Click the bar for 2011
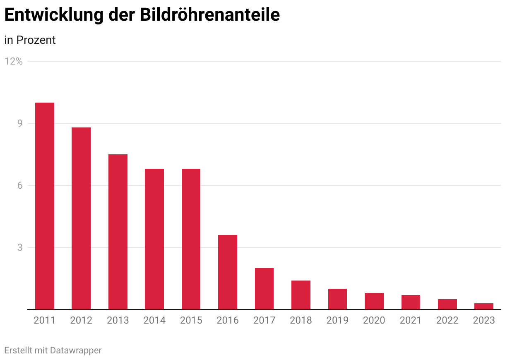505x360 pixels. tap(45, 206)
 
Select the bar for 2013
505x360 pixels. tap(118, 232)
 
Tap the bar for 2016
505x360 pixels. tap(228, 272)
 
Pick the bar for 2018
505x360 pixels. tap(301, 295)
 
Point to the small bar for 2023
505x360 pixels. tap(484, 306)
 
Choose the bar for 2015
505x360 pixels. tap(191, 239)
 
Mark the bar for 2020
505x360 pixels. tap(374, 301)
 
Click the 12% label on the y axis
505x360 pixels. tap(14, 61)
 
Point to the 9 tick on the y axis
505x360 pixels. tap(20, 123)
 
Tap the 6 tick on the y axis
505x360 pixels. tap(20, 185)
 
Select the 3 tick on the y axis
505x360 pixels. tap(20, 247)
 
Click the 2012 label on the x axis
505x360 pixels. tap(81, 320)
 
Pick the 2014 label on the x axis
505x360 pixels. tap(154, 320)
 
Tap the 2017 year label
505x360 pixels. tap(264, 320)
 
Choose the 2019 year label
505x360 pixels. tap(337, 320)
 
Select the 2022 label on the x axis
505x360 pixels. tap(447, 320)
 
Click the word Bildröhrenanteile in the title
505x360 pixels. tap(210, 14)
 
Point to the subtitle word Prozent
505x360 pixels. tap(36, 40)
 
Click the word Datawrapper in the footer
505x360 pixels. tap(76, 350)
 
